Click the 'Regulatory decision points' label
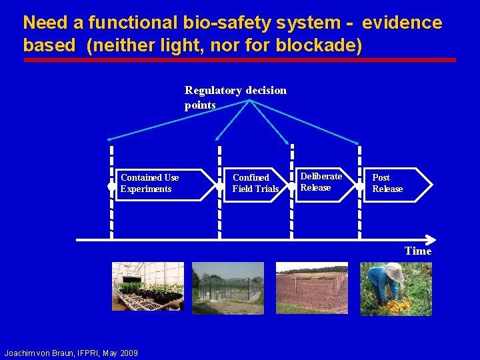[x=235, y=97]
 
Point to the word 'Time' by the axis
[x=418, y=251]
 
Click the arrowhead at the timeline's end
[x=431, y=240]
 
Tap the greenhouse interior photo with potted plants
[x=147, y=287]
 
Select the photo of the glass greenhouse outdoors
[x=229, y=287]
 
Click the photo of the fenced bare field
[x=311, y=287]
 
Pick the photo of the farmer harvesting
[x=396, y=288]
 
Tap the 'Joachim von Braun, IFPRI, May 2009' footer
[x=71, y=353]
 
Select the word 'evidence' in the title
[x=402, y=23]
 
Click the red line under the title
[x=240, y=60]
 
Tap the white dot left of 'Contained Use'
[x=111, y=187]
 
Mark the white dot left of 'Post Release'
[x=361, y=187]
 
